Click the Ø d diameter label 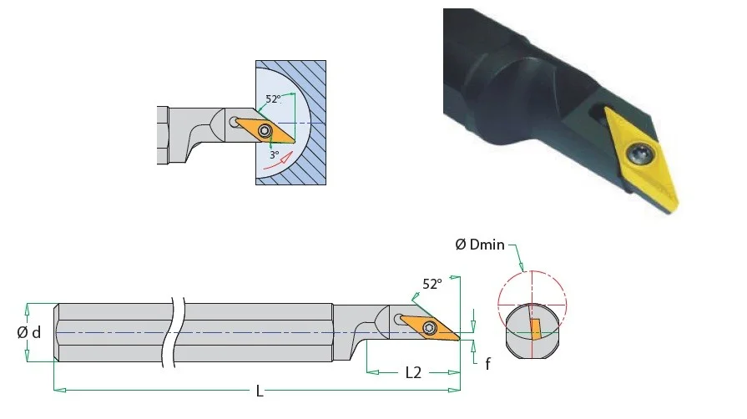pos(29,332)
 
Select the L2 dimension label pos(413,373)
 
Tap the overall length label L pos(260,391)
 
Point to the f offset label pos(487,364)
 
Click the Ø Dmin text pos(480,245)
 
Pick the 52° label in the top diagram pos(274,98)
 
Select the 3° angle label pos(275,155)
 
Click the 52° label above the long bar pos(432,284)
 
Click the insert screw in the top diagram pos(265,130)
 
